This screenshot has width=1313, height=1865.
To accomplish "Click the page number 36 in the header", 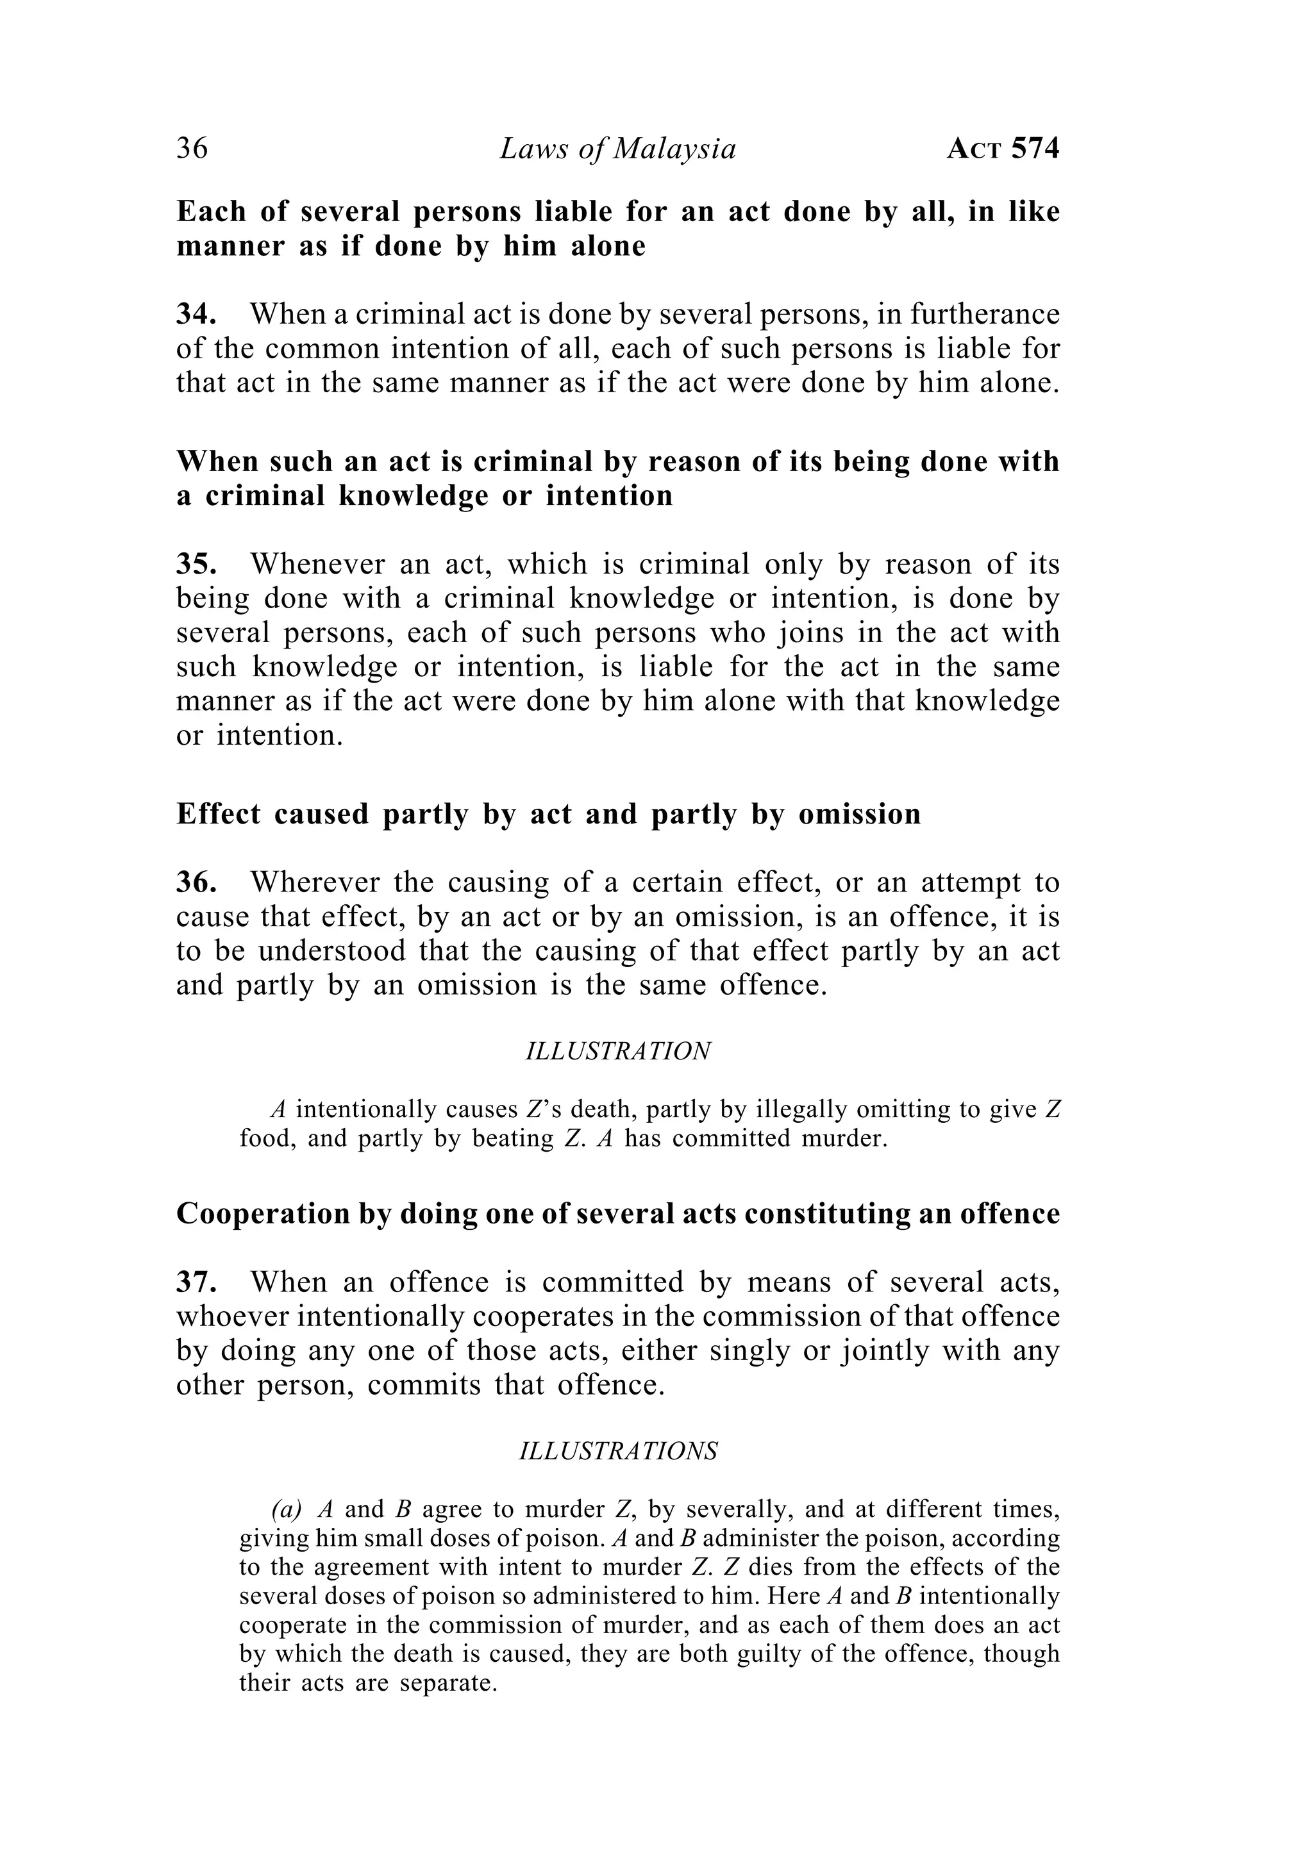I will tap(192, 149).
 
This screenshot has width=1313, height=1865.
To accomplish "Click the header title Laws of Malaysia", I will tap(617, 149).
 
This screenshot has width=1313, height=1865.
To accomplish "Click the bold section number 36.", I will tap(196, 881).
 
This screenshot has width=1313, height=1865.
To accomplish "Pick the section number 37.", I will tap(196, 1281).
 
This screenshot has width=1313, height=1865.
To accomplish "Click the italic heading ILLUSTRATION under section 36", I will tap(618, 1051).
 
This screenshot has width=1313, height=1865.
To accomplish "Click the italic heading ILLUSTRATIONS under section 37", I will tap(618, 1451).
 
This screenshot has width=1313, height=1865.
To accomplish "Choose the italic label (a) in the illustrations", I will tap(287, 1509).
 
